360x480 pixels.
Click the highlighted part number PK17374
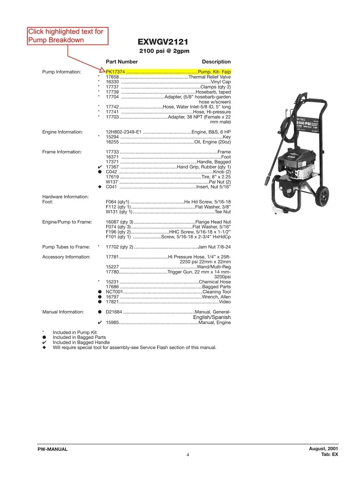[115, 72]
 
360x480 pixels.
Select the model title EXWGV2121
[163, 42]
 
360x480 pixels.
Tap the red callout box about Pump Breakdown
[68, 36]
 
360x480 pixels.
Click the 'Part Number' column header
[122, 62]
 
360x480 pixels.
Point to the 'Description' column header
[216, 62]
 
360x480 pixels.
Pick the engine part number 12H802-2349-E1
[124, 132]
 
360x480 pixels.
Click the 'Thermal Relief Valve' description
[209, 77]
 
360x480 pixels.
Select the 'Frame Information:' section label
[62, 152]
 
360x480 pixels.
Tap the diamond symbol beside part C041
[100, 187]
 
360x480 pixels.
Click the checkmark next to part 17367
[100, 167]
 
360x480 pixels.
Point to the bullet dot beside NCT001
[100, 292]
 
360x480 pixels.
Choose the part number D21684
[114, 312]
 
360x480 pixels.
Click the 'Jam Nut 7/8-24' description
[214, 247]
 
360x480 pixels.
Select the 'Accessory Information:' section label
[66, 257]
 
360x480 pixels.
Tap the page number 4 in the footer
[188, 455]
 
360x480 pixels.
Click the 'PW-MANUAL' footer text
[52, 449]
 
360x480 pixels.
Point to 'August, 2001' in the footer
[323, 449]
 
